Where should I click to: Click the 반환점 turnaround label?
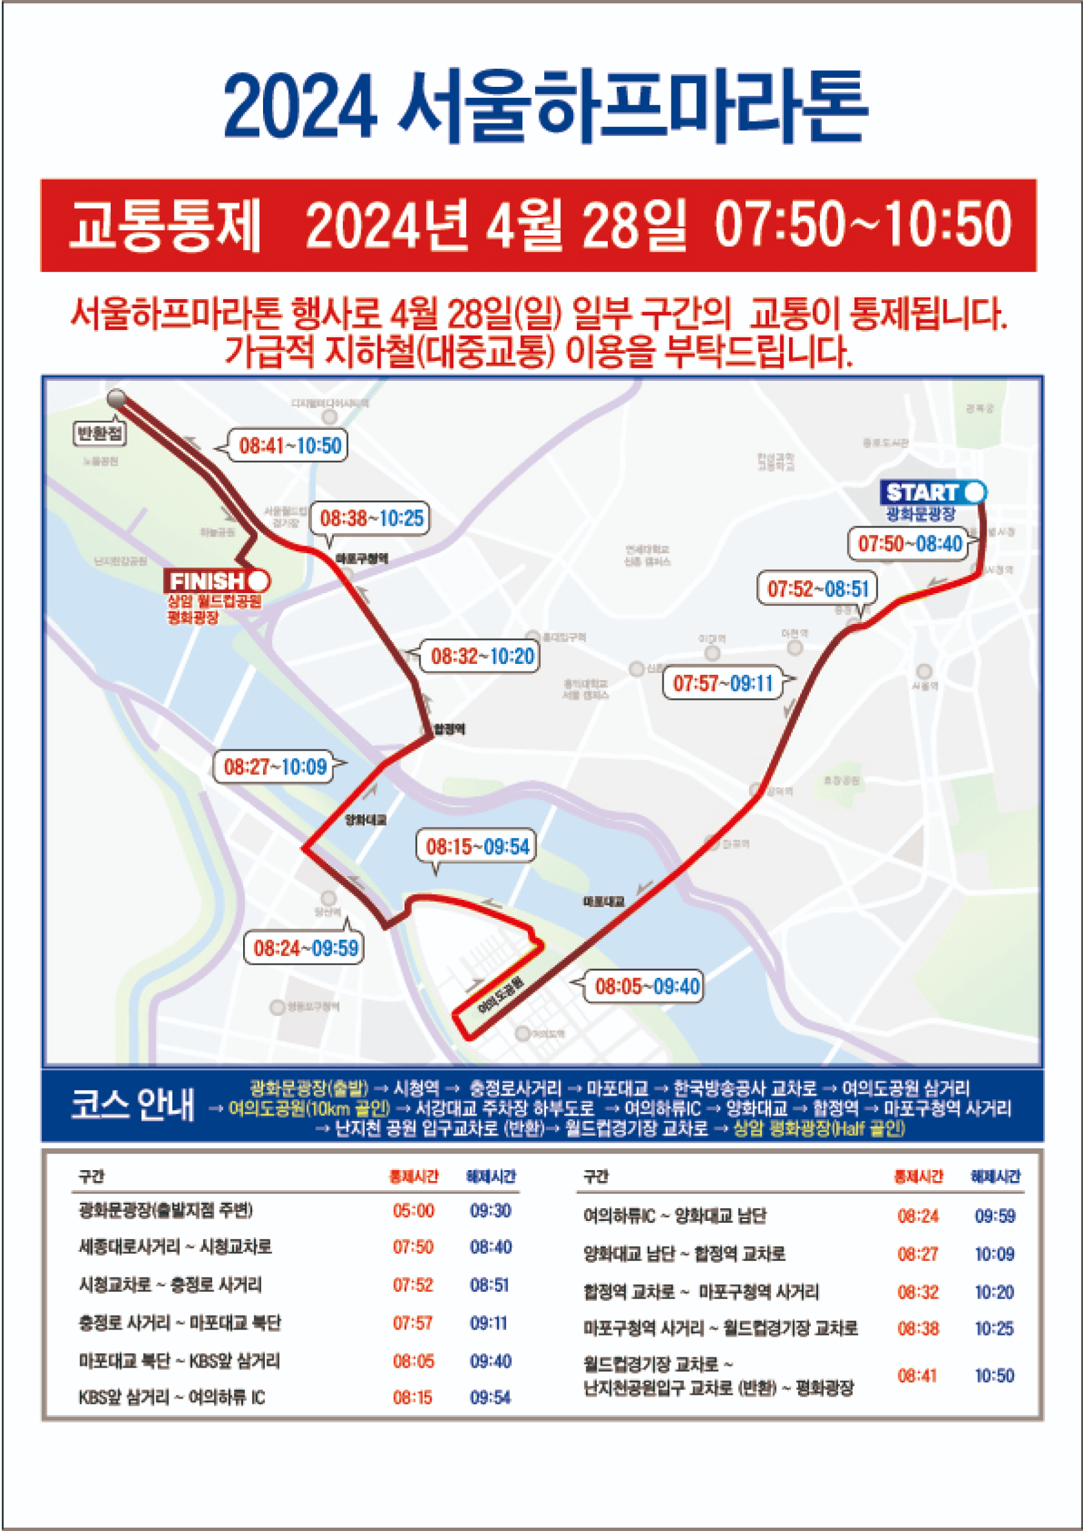[x=100, y=434]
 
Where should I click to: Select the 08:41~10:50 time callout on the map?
[x=290, y=446]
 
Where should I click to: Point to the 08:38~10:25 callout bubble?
[x=371, y=518]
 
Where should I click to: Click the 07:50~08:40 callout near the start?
[x=909, y=544]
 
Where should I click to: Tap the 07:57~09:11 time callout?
[x=722, y=683]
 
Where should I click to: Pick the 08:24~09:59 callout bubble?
[x=305, y=948]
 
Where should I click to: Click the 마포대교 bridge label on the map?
[x=603, y=902]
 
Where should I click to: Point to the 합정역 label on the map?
[x=450, y=729]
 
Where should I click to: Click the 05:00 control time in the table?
[x=413, y=1211]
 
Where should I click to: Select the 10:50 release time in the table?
[x=994, y=1375]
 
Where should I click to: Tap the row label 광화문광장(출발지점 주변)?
[x=165, y=1211]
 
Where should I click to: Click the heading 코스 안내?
[x=132, y=1105]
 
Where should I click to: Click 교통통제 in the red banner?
[x=165, y=226]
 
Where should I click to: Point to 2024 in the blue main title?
[x=300, y=107]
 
